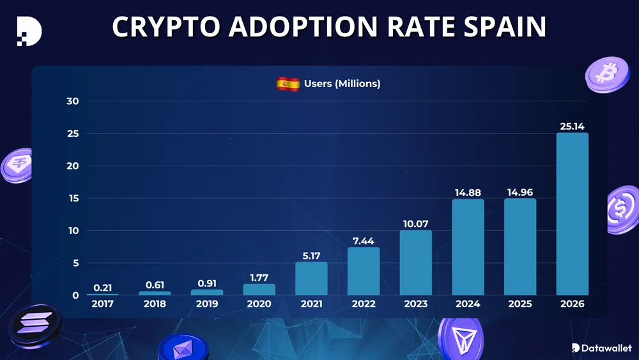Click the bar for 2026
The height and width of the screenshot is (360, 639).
(572, 214)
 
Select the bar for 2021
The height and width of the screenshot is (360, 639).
(311, 278)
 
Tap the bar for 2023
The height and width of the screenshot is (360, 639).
(415, 262)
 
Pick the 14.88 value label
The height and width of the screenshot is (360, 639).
(468, 192)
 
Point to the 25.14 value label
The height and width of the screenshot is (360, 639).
(572, 126)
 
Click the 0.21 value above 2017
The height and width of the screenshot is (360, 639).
(103, 288)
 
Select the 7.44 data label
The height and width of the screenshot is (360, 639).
(364, 240)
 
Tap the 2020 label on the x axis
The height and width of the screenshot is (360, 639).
(259, 304)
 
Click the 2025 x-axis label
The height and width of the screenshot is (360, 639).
(520, 304)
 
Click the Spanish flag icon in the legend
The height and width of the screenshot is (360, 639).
(288, 84)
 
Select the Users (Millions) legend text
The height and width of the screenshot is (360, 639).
(342, 84)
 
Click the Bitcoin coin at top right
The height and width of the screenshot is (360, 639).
(603, 75)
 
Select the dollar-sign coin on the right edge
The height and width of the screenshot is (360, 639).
(622, 210)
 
